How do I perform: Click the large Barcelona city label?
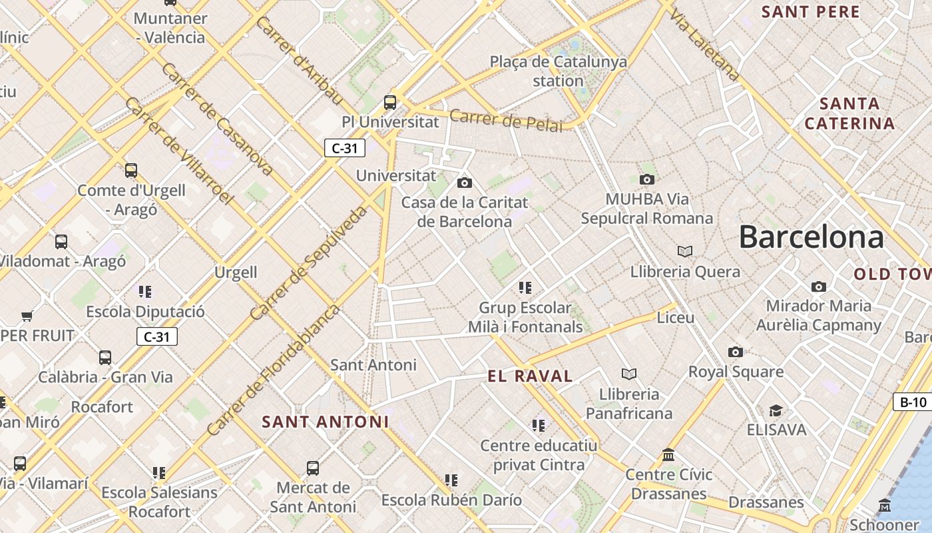pos(811,237)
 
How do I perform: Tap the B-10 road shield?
pos(913,402)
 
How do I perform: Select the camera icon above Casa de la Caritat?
pos(465,183)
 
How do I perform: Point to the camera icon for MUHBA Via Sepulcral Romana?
pos(646,179)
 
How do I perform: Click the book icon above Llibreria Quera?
pos(685,251)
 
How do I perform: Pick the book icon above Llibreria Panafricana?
pos(629,374)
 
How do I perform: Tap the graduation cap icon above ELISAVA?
pos(776,410)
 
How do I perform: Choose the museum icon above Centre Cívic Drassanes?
pos(668,455)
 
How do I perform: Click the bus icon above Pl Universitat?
pos(390,103)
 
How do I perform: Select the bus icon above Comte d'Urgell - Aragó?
pos(131,171)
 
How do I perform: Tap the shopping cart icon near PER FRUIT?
pos(27,315)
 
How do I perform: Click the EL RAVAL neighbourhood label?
pos(530,376)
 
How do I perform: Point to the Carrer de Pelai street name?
pos(506,121)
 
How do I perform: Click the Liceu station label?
pos(675,318)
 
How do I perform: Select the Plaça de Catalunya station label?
pos(559,71)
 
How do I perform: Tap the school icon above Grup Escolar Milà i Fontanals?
pos(525,288)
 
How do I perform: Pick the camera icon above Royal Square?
pos(736,352)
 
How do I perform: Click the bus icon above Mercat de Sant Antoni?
pos(313,468)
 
